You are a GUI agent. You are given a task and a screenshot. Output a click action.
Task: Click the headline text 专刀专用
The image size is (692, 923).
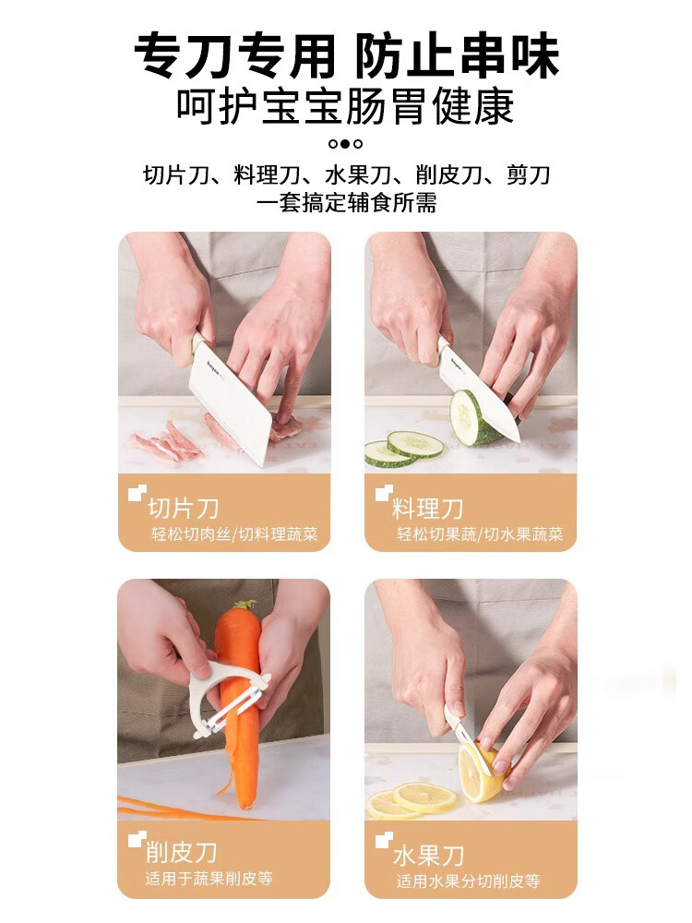[x=234, y=56]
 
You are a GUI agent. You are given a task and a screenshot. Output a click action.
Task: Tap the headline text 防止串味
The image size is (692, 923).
[x=458, y=56]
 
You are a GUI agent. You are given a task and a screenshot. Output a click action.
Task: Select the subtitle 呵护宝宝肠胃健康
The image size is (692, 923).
[x=346, y=107]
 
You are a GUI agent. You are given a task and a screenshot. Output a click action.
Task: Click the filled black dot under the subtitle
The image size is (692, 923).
[x=346, y=144]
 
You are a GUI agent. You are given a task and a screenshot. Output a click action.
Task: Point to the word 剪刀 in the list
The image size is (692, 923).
[x=528, y=174]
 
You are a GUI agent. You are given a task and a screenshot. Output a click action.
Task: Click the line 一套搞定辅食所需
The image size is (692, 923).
[x=346, y=202]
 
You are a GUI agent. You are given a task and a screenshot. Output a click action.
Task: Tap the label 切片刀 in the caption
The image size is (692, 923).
[x=183, y=508]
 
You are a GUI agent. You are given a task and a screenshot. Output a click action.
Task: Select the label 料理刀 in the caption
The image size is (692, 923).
[x=428, y=508]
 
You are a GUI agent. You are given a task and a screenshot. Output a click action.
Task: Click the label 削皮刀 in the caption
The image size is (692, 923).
[x=182, y=852]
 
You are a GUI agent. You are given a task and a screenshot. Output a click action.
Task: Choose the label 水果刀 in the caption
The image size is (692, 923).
[x=429, y=855]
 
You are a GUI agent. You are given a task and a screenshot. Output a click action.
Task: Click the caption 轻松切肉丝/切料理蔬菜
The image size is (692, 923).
[x=234, y=533]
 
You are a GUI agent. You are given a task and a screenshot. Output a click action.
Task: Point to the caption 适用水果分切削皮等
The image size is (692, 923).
[x=468, y=881]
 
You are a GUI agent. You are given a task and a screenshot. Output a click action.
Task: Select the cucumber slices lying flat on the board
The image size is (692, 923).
[x=404, y=449]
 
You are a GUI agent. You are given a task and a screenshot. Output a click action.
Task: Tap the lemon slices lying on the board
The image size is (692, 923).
[x=412, y=799]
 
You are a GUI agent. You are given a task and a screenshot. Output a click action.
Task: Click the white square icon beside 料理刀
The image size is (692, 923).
[x=384, y=493]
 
